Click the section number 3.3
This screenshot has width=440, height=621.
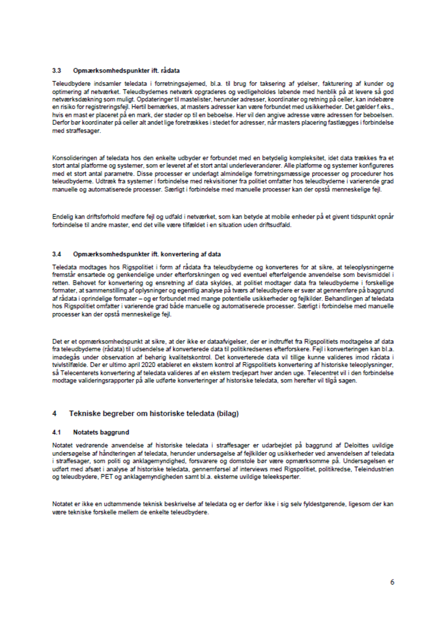coord(57,71)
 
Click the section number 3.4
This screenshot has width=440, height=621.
coord(57,254)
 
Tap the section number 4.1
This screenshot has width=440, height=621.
coord(57,432)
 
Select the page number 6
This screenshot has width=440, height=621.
coord(392,582)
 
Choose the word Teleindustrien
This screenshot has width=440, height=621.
coord(376,469)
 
